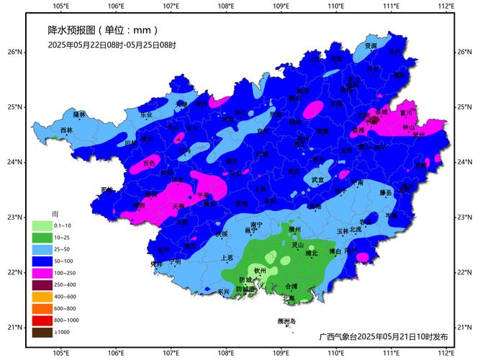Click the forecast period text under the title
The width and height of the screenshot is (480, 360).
112,45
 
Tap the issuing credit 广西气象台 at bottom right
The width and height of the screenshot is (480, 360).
384,336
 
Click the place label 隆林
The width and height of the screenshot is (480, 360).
79,114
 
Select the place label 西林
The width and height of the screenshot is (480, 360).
66,130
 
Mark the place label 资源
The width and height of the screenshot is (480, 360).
371,45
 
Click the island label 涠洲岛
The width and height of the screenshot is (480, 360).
286,321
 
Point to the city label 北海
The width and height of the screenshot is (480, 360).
288,297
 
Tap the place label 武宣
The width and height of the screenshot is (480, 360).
317,179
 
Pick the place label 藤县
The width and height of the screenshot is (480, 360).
386,193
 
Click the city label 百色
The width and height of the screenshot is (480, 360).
148,163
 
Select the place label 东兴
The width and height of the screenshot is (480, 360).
224,292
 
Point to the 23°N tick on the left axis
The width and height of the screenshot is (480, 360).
16,217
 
